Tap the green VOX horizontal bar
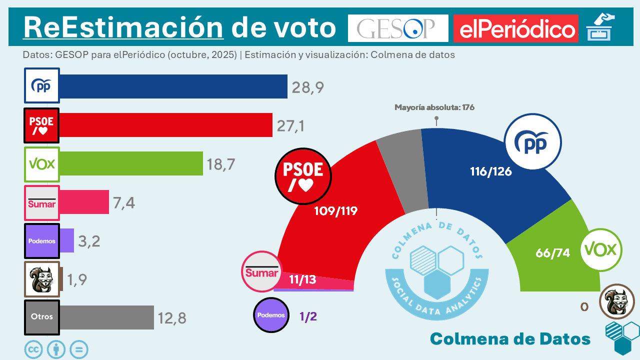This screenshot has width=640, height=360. [131, 163]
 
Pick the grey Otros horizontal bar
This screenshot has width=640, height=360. [106, 317]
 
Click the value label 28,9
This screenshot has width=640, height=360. [308, 87]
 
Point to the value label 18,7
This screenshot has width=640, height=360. [220, 164]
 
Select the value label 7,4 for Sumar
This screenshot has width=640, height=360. [124, 202]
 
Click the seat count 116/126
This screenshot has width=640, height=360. [491, 171]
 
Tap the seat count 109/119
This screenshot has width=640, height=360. [335, 211]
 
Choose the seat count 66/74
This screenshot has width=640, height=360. [552, 253]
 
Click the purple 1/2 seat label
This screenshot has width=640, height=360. [308, 316]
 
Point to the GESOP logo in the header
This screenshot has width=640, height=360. [398, 28]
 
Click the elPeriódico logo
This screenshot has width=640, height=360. [516, 29]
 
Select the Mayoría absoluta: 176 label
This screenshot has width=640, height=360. [434, 107]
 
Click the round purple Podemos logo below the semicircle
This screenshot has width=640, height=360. [271, 315]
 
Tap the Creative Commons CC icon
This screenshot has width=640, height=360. [34, 350]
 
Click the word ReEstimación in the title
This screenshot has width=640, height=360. [123, 27]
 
